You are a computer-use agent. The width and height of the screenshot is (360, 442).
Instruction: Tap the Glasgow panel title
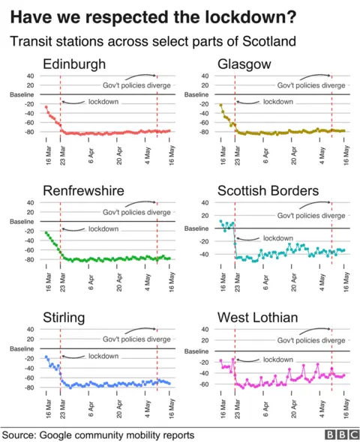tap(244, 64)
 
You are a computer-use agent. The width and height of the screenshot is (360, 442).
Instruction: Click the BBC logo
tap(340, 435)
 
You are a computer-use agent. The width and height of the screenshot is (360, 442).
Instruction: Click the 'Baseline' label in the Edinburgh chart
tap(20, 94)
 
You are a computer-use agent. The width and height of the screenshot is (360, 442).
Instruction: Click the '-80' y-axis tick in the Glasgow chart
tap(204, 133)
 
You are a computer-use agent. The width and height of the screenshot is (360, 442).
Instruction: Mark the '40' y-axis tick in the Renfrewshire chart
tap(29, 202)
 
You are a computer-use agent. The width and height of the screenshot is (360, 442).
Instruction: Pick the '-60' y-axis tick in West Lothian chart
tap(204, 384)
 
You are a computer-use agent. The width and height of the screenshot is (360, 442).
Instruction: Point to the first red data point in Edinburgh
tap(46, 107)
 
